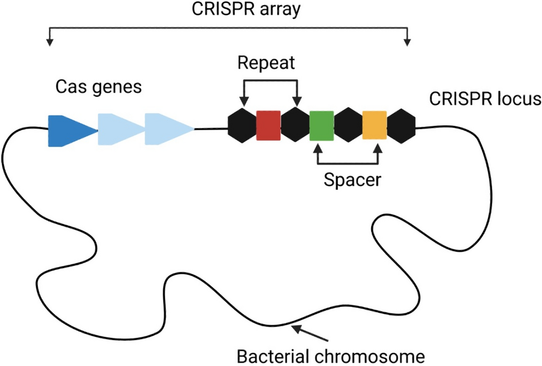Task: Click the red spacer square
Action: coord(268,126)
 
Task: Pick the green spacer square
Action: coord(321,126)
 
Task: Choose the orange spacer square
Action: coord(374,126)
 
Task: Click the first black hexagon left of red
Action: coord(243,126)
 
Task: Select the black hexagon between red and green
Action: coord(295,126)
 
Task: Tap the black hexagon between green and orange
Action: coord(348,126)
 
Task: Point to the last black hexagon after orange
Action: coord(401,126)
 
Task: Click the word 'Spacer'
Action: coord(349,180)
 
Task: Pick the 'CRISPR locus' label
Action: coord(485,99)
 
